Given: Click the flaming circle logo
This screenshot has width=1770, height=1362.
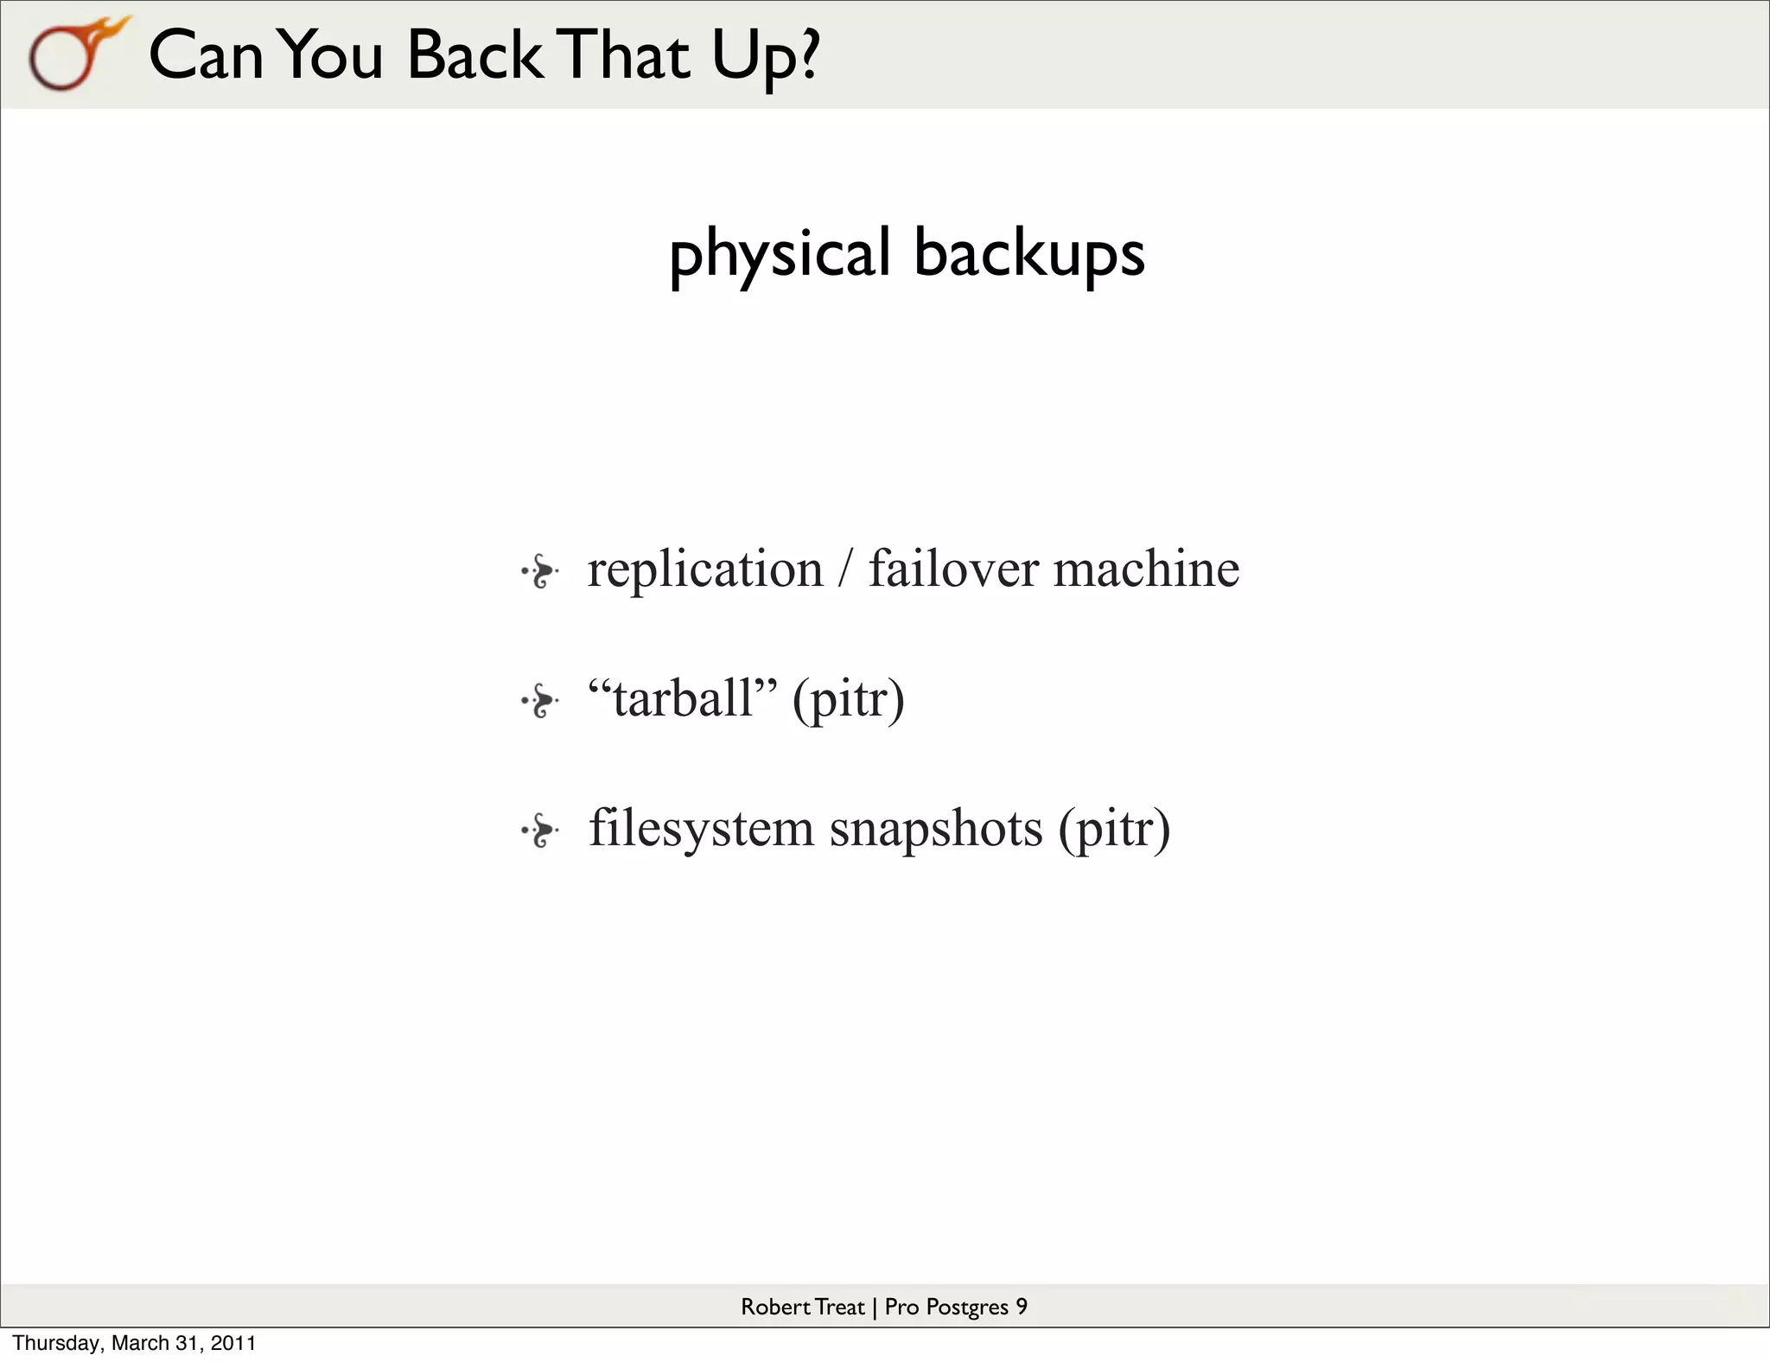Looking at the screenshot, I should click(x=73, y=55).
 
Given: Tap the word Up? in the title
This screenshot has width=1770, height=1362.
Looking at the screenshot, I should click(x=765, y=57).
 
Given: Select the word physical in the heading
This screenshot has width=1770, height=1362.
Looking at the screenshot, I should click(x=780, y=254).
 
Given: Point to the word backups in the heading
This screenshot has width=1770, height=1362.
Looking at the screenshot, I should click(x=1028, y=254).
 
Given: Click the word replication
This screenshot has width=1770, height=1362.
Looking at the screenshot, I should click(x=705, y=570).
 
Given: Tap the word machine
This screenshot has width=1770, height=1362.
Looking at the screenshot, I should click(x=1146, y=570).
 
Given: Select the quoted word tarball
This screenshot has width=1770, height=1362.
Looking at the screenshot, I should click(x=683, y=698).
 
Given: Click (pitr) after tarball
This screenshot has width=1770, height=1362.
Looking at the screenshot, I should click(x=848, y=700).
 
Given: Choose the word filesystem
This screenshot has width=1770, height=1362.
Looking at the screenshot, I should click(x=701, y=828).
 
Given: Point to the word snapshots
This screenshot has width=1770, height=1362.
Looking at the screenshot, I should click(x=936, y=830).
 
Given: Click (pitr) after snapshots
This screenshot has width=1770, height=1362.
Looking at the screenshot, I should click(x=1114, y=830).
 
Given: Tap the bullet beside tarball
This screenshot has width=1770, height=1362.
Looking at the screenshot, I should click(x=540, y=701).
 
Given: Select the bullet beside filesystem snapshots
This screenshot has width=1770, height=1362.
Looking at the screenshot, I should click(x=540, y=831).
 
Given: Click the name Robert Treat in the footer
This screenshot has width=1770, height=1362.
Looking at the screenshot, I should click(x=802, y=1307).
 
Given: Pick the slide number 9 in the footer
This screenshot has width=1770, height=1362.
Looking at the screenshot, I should click(x=1022, y=1307).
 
